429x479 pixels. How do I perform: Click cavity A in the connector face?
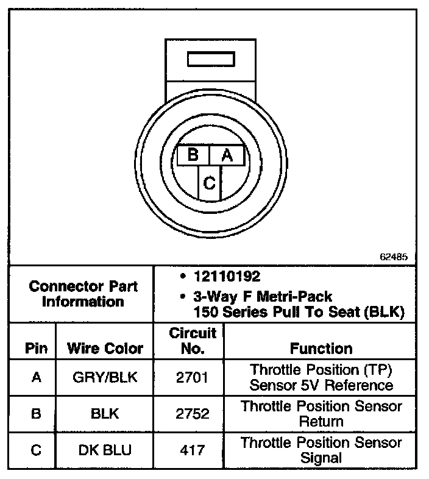pyautogui.click(x=227, y=155)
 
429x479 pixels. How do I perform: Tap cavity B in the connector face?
pyautogui.click(x=193, y=155)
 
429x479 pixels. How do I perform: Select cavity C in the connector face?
pyautogui.click(x=209, y=182)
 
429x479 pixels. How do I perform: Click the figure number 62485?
pyautogui.click(x=394, y=257)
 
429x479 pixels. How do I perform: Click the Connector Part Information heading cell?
pyautogui.click(x=83, y=294)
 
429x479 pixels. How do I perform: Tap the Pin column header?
pyautogui.click(x=36, y=349)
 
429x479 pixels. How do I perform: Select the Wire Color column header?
pyautogui.click(x=105, y=349)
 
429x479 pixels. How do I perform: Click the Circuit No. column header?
pyautogui.click(x=193, y=341)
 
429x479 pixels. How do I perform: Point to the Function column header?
pyautogui.click(x=321, y=349)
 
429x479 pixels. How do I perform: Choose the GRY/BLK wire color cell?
pyautogui.click(x=105, y=377)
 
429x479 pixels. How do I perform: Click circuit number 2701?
pyautogui.click(x=193, y=377)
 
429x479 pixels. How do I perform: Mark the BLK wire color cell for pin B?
pyautogui.click(x=105, y=414)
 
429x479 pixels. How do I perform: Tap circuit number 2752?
pyautogui.click(x=193, y=414)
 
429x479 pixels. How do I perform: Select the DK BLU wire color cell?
pyautogui.click(x=105, y=450)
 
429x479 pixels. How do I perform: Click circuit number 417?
pyautogui.click(x=193, y=450)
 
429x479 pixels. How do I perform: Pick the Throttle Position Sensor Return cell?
pyautogui.click(x=321, y=414)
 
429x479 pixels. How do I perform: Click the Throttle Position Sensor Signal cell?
pyautogui.click(x=321, y=450)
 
